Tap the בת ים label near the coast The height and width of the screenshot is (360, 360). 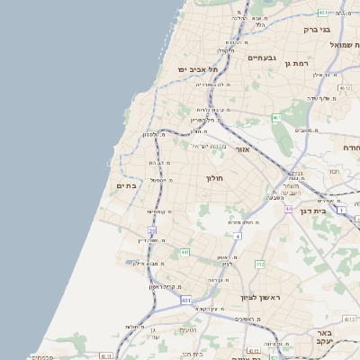point(127,185)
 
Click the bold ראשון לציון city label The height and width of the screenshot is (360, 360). point(261,297)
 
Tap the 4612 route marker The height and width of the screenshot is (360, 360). point(346,87)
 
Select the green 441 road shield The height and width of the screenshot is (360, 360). point(184,252)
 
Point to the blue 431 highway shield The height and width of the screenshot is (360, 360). point(185,299)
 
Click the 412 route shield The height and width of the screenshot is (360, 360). point(260,264)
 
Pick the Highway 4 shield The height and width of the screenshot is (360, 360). point(238,235)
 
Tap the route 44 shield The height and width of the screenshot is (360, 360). point(288,209)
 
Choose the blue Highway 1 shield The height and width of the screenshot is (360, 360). point(342,209)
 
